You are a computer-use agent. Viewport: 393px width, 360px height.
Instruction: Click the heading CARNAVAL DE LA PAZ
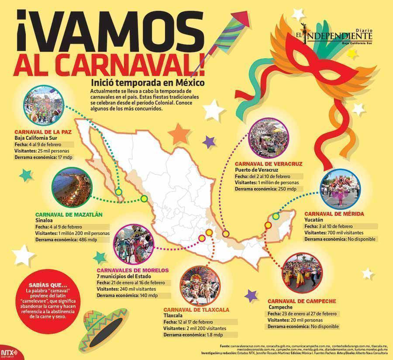pyautogui.click(x=43, y=131)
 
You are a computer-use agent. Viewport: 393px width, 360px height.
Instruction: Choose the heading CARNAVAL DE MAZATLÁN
pyautogui.click(x=69, y=215)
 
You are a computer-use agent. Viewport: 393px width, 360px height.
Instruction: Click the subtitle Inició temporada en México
pyautogui.click(x=148, y=82)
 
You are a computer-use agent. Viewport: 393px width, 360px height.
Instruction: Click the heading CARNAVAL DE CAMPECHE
pyautogui.click(x=301, y=301)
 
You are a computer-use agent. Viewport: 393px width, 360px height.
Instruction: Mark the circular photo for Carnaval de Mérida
pyautogui.click(x=340, y=190)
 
